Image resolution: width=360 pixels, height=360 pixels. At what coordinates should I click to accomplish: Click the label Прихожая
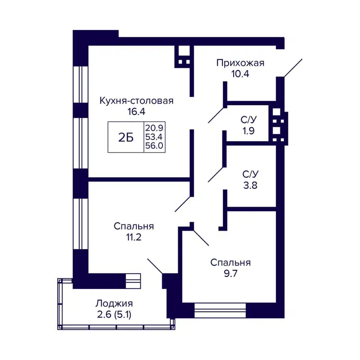(x=240, y=63)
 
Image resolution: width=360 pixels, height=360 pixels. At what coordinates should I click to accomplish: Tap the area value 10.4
(x=240, y=73)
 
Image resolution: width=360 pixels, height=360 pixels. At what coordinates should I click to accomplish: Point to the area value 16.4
(x=136, y=112)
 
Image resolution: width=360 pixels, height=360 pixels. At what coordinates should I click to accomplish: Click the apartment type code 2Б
(x=126, y=138)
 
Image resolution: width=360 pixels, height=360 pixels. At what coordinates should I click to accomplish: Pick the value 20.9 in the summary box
(x=153, y=128)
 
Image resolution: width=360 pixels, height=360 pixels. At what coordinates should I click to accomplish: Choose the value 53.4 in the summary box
(x=153, y=137)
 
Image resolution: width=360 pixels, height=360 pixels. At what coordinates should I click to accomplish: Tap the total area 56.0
(x=153, y=146)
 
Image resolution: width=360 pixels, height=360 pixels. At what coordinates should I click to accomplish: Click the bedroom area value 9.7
(x=230, y=273)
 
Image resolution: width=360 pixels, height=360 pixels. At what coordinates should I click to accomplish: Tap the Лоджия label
(x=114, y=304)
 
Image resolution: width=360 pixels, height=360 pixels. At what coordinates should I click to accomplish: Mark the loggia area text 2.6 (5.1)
(x=114, y=315)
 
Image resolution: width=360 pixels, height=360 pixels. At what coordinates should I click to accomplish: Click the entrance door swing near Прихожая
(x=293, y=67)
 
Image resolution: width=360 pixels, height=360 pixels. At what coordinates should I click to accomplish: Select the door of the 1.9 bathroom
(x=216, y=114)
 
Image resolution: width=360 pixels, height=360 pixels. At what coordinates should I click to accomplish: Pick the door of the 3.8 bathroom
(x=216, y=174)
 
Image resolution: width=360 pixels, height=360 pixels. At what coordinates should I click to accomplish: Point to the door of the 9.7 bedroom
(x=201, y=237)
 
